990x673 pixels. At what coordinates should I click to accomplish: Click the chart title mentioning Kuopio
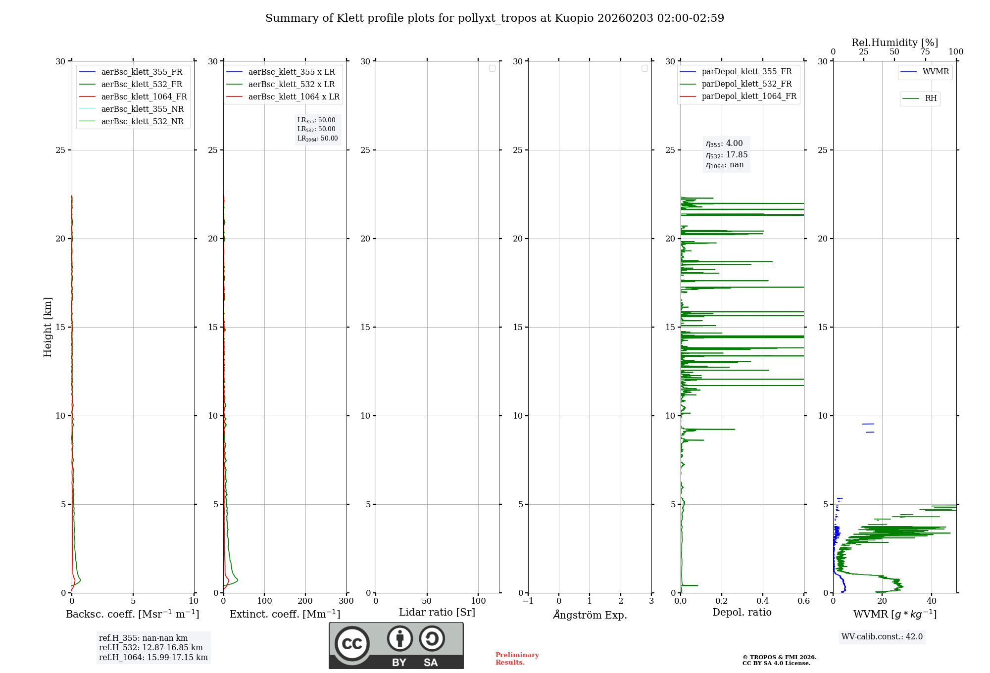click(x=495, y=18)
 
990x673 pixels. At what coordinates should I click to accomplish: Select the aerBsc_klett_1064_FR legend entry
click(x=144, y=96)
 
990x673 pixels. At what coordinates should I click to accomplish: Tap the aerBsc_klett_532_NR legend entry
click(x=142, y=121)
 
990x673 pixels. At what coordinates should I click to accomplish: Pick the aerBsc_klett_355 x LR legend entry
click(x=291, y=72)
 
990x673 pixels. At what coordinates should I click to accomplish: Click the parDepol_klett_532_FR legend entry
click(x=746, y=84)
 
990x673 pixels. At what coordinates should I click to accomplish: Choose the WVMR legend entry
click(x=935, y=72)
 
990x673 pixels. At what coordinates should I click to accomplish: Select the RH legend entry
click(x=930, y=98)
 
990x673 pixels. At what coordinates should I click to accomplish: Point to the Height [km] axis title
click(x=48, y=327)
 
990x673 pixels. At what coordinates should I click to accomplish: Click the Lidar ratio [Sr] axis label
click(x=437, y=612)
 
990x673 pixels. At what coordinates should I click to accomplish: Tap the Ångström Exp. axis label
click(x=590, y=615)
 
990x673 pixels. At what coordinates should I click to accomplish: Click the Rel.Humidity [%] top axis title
click(x=894, y=43)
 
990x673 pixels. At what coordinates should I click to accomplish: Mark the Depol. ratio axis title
click(x=742, y=612)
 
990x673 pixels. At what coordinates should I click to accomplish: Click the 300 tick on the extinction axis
click(x=346, y=601)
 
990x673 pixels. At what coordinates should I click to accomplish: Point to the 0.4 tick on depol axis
click(x=763, y=601)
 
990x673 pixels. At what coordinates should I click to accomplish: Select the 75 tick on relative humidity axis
click(x=925, y=52)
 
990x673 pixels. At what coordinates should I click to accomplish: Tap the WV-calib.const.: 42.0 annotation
click(x=882, y=637)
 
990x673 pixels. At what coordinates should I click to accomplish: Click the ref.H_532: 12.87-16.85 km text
click(x=151, y=648)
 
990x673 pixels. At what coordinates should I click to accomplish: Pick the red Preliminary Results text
click(x=517, y=659)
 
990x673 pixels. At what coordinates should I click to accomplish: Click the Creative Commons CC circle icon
click(x=352, y=644)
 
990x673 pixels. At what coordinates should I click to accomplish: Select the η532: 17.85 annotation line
click(x=727, y=154)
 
